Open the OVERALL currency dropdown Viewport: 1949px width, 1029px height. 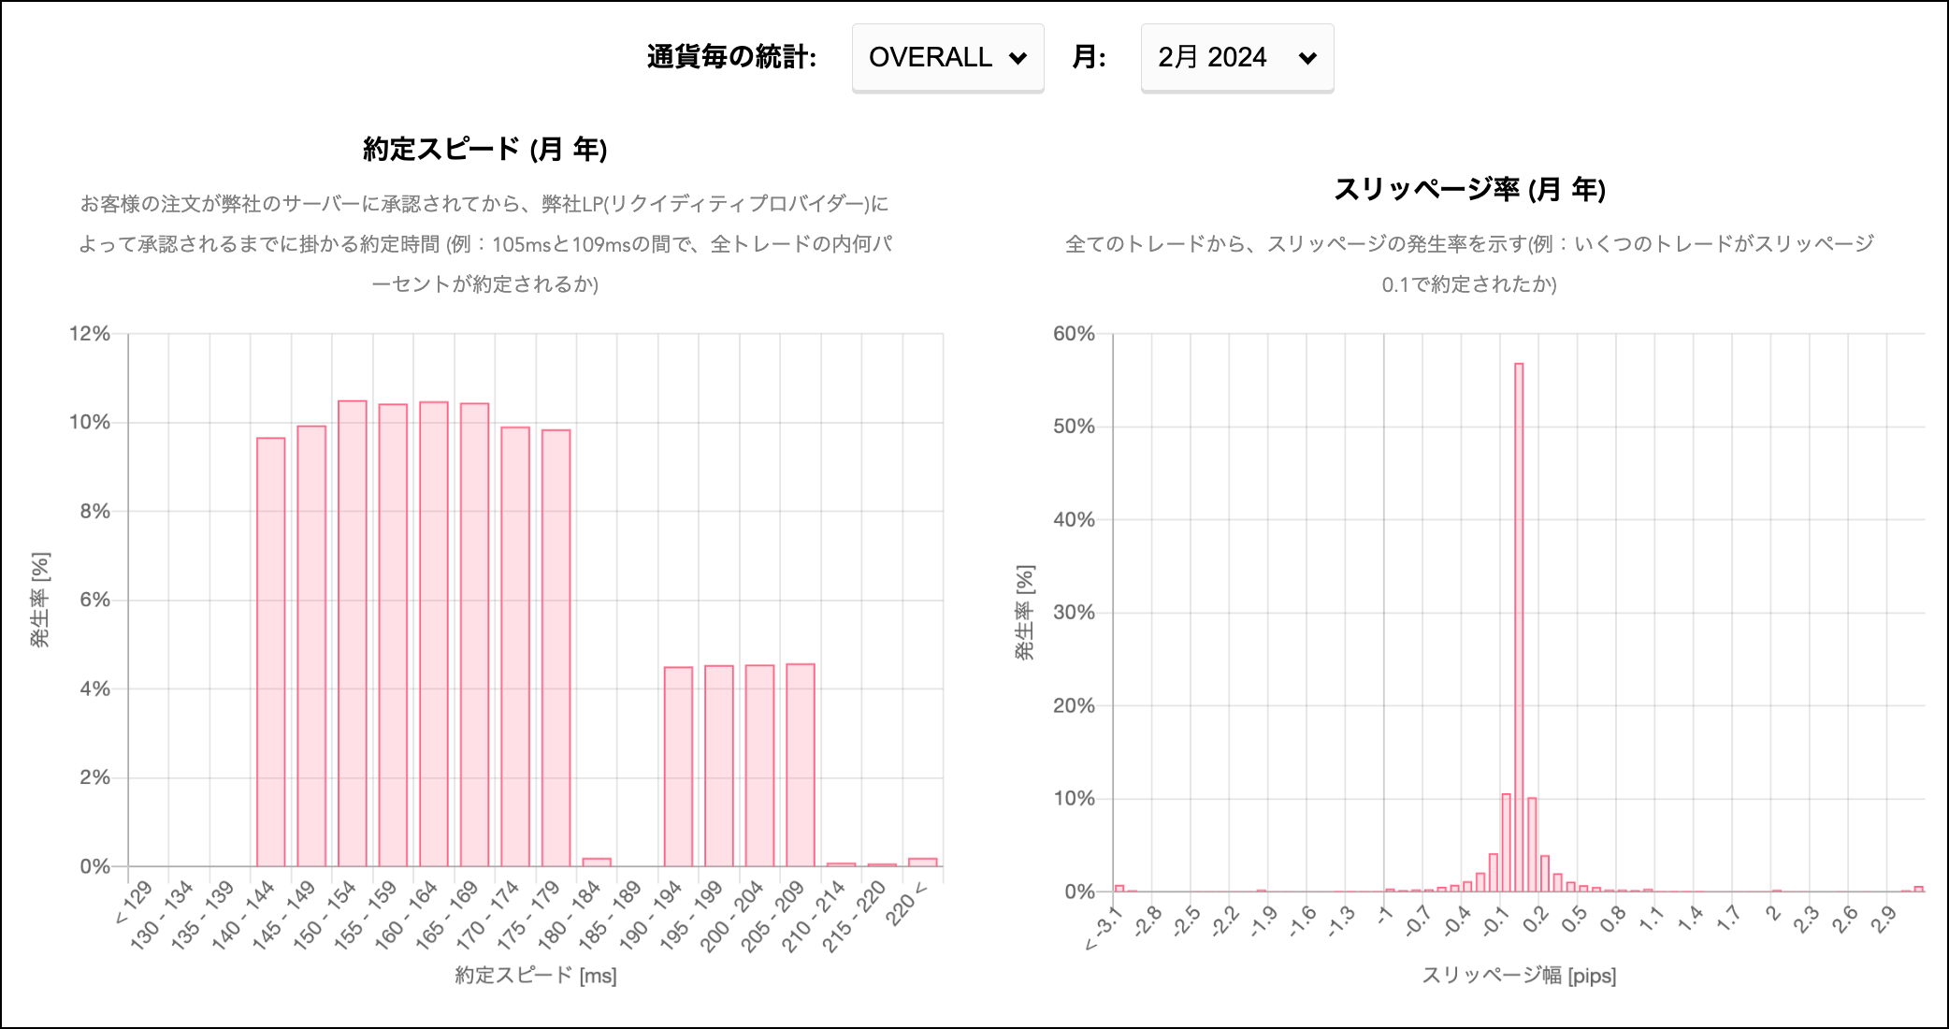(x=947, y=58)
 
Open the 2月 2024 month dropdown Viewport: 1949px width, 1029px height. (x=1236, y=58)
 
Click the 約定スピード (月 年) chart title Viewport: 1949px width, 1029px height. (x=484, y=149)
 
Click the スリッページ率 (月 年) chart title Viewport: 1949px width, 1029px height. (x=1469, y=189)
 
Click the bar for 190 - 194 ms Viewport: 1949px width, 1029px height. (x=678, y=766)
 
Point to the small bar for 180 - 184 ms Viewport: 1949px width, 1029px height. (x=597, y=862)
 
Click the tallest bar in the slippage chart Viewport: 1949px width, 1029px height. (x=1519, y=627)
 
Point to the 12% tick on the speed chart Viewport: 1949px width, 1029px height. (x=90, y=334)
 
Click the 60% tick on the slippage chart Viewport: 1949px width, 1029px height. (x=1074, y=334)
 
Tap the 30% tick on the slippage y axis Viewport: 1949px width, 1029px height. (x=1074, y=613)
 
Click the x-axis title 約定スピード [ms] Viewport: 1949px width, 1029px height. (x=536, y=976)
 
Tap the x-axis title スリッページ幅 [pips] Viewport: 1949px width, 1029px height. (x=1519, y=976)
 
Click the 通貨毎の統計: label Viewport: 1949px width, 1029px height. (x=731, y=58)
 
